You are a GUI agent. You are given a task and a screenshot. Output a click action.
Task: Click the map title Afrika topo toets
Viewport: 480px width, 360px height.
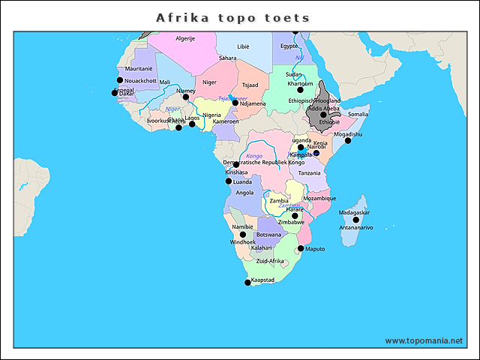(x=232, y=17)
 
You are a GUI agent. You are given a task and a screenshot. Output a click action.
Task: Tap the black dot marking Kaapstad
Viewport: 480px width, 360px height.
(x=248, y=283)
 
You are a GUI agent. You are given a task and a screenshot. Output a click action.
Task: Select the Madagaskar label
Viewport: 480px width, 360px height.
(x=354, y=212)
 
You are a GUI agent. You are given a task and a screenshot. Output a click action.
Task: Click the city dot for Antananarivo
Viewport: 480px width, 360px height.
(x=356, y=220)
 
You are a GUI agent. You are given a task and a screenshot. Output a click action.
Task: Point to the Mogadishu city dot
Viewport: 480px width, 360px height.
(x=347, y=140)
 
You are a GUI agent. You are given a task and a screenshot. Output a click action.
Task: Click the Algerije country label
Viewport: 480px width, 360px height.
(x=185, y=37)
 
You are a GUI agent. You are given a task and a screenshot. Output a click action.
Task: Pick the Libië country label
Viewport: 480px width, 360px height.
(x=243, y=46)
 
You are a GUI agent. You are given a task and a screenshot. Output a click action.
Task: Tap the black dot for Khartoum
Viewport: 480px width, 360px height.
(x=300, y=90)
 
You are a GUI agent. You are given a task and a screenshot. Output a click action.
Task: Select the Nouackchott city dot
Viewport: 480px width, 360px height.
(x=119, y=79)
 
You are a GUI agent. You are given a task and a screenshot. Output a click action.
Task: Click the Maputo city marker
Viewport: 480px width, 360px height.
(x=301, y=248)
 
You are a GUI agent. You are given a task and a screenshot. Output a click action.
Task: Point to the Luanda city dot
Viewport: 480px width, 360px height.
(x=229, y=181)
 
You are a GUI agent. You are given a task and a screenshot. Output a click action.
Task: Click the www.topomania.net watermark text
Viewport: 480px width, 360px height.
(x=424, y=340)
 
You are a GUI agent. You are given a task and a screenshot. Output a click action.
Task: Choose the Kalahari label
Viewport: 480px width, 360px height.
(x=261, y=247)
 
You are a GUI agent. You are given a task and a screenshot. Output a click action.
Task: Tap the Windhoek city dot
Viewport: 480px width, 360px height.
(x=242, y=235)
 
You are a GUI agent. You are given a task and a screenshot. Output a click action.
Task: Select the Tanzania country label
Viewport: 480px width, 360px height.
(x=309, y=173)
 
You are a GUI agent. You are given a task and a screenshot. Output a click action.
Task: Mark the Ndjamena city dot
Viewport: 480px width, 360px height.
(x=235, y=103)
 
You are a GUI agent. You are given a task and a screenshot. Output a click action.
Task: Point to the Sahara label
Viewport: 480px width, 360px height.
(x=227, y=58)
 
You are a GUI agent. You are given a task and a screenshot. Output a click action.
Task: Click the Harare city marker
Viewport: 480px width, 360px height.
(x=295, y=216)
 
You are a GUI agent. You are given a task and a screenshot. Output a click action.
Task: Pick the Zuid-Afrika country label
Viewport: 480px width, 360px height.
(x=270, y=261)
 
